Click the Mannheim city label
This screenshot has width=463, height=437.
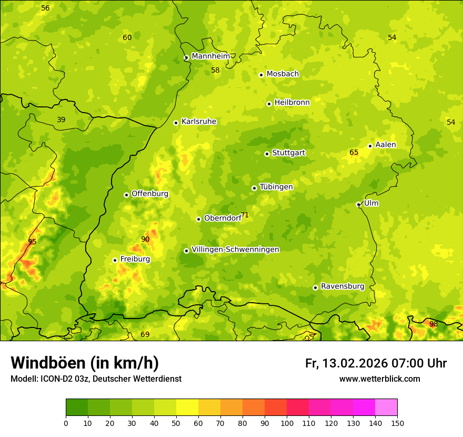tap(210, 56)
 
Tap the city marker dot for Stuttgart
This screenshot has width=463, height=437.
tap(267, 154)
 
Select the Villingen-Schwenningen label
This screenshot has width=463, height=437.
tap(235, 250)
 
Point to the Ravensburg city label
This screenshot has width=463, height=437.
tap(343, 286)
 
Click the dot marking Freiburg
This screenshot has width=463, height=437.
tap(115, 260)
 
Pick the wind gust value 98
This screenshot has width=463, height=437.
tap(433, 324)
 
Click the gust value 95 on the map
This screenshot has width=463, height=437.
tap(32, 242)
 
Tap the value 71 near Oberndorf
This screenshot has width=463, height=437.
tap(245, 215)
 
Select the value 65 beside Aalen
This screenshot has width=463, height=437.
tap(354, 152)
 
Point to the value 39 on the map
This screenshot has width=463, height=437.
tap(61, 120)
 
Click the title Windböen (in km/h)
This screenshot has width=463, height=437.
tap(85, 363)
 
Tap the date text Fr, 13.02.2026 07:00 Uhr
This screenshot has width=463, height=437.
tap(376, 363)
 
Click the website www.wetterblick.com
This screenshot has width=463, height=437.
tap(379, 379)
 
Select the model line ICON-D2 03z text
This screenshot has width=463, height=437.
tap(96, 379)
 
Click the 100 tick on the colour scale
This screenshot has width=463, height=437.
tap(287, 423)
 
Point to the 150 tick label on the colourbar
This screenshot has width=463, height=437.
tap(397, 423)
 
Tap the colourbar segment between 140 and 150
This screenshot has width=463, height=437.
tap(386, 408)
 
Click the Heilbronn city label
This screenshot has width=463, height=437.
tap(292, 103)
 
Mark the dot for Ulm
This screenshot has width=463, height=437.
tap(358, 204)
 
